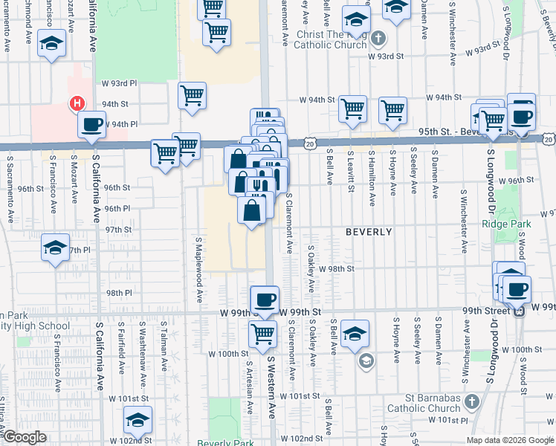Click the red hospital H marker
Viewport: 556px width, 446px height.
(76, 104)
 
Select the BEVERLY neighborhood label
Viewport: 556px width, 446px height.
(369, 232)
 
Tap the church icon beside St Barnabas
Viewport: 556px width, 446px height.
(471, 402)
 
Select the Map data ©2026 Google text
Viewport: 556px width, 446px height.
(511, 440)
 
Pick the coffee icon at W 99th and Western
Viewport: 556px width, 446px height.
(265, 300)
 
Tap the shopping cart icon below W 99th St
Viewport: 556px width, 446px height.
(262, 334)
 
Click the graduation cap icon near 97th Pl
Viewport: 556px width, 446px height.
(55, 248)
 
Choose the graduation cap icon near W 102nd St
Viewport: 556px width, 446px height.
(138, 420)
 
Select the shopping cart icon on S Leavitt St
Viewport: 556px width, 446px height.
(352, 109)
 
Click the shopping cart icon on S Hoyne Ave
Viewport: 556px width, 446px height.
(392, 111)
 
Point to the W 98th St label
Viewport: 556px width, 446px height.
(337, 268)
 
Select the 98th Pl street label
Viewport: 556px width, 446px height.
(118, 293)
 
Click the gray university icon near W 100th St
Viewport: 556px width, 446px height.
(365, 361)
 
